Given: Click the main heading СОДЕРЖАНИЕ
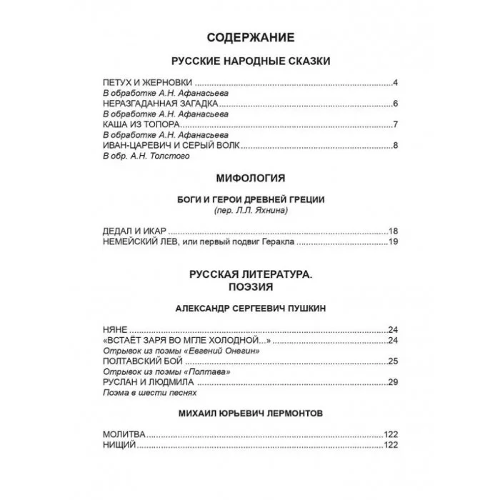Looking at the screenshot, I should pyautogui.click(x=249, y=37).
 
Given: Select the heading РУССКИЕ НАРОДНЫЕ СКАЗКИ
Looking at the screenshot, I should pyautogui.click(x=250, y=62).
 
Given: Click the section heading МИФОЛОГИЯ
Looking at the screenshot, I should pyautogui.click(x=249, y=177).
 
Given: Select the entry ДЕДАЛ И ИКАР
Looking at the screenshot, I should pyautogui.click(x=134, y=231).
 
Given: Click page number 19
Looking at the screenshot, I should pyautogui.click(x=392, y=242).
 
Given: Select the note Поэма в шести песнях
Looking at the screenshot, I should pyautogui.click(x=149, y=392).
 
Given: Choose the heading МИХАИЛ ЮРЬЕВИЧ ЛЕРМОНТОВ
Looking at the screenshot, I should pyautogui.click(x=249, y=414).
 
